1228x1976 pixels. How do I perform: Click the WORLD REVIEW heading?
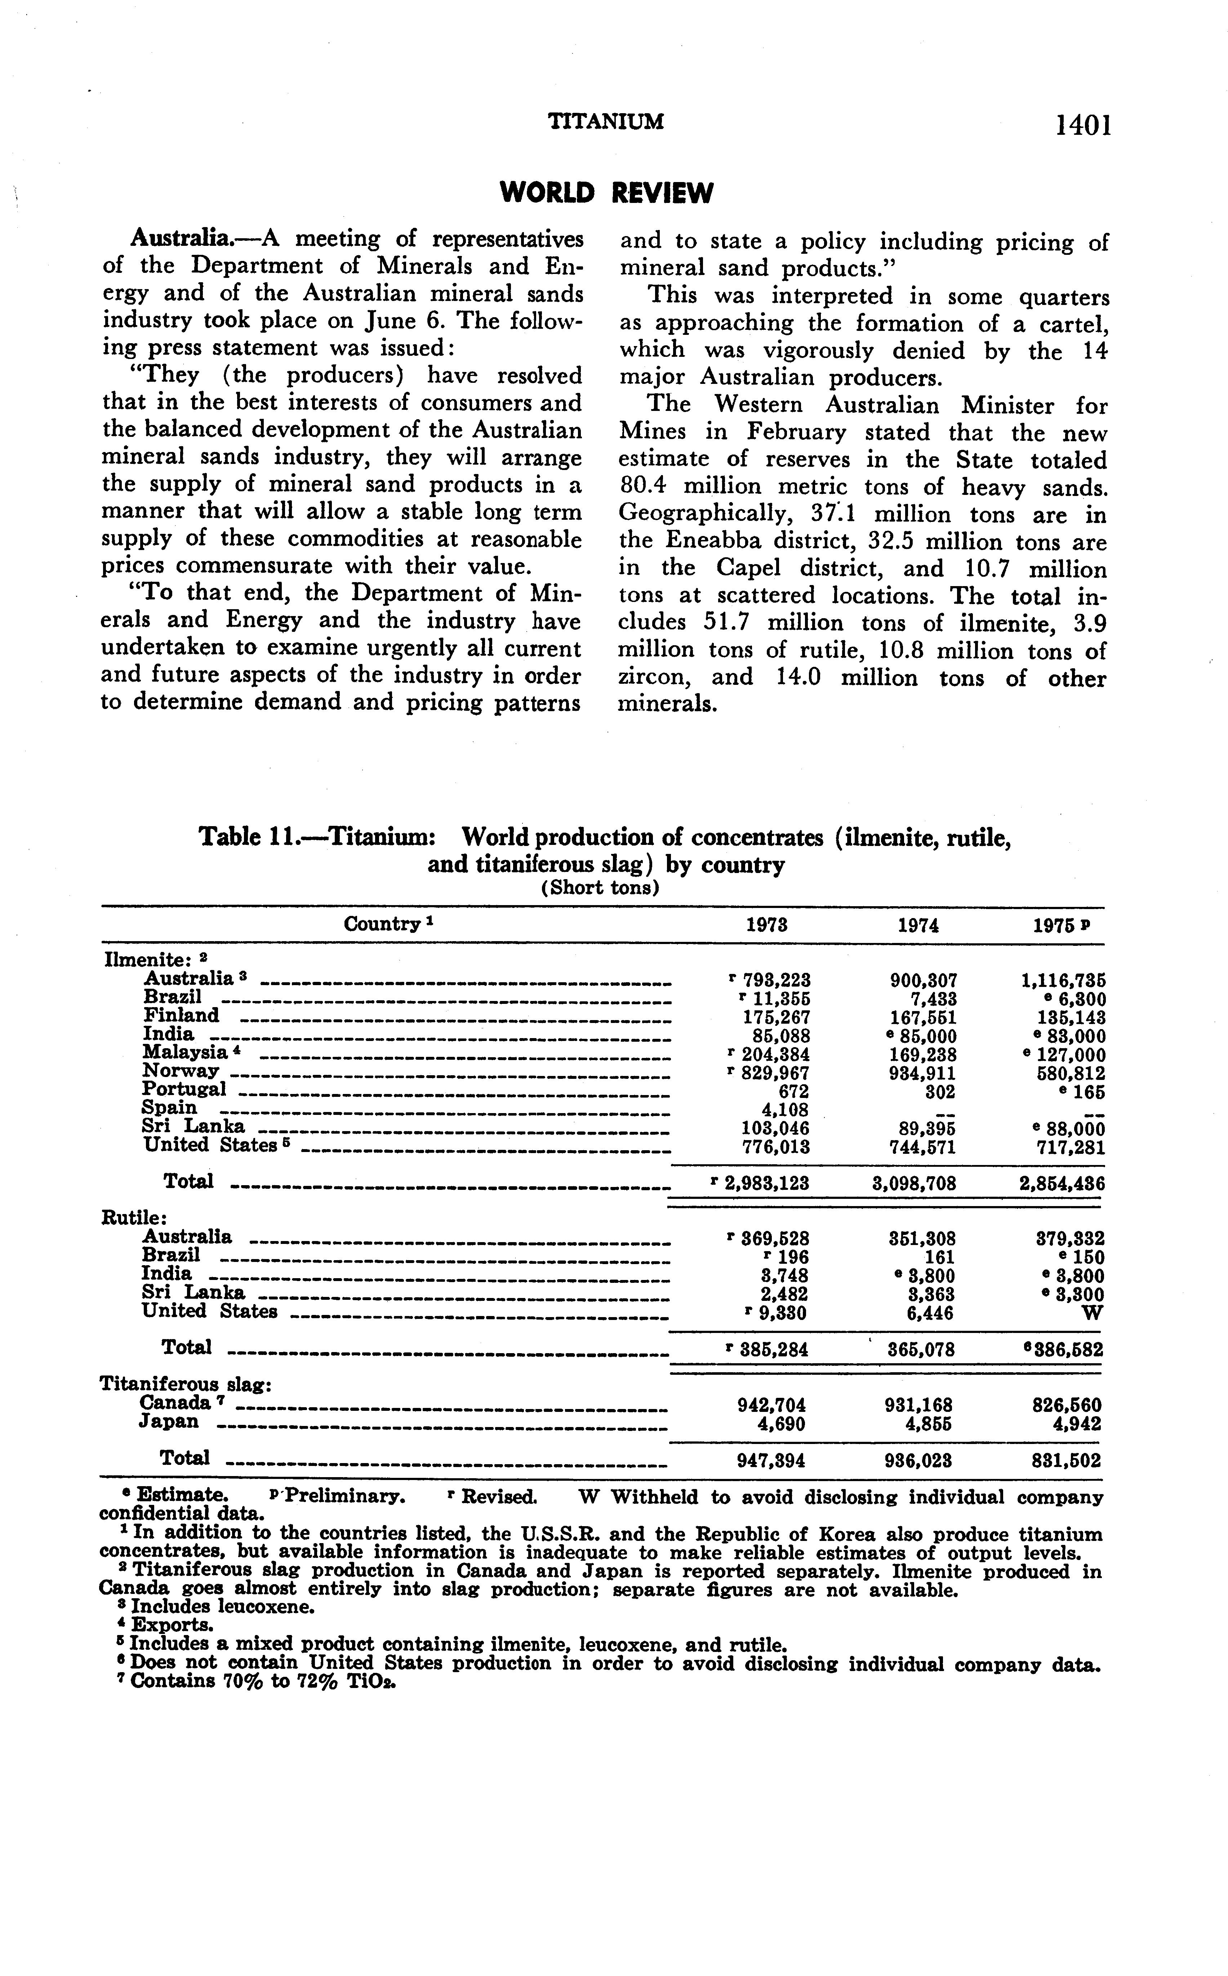[x=607, y=193]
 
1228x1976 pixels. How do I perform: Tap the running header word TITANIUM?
[x=606, y=122]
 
